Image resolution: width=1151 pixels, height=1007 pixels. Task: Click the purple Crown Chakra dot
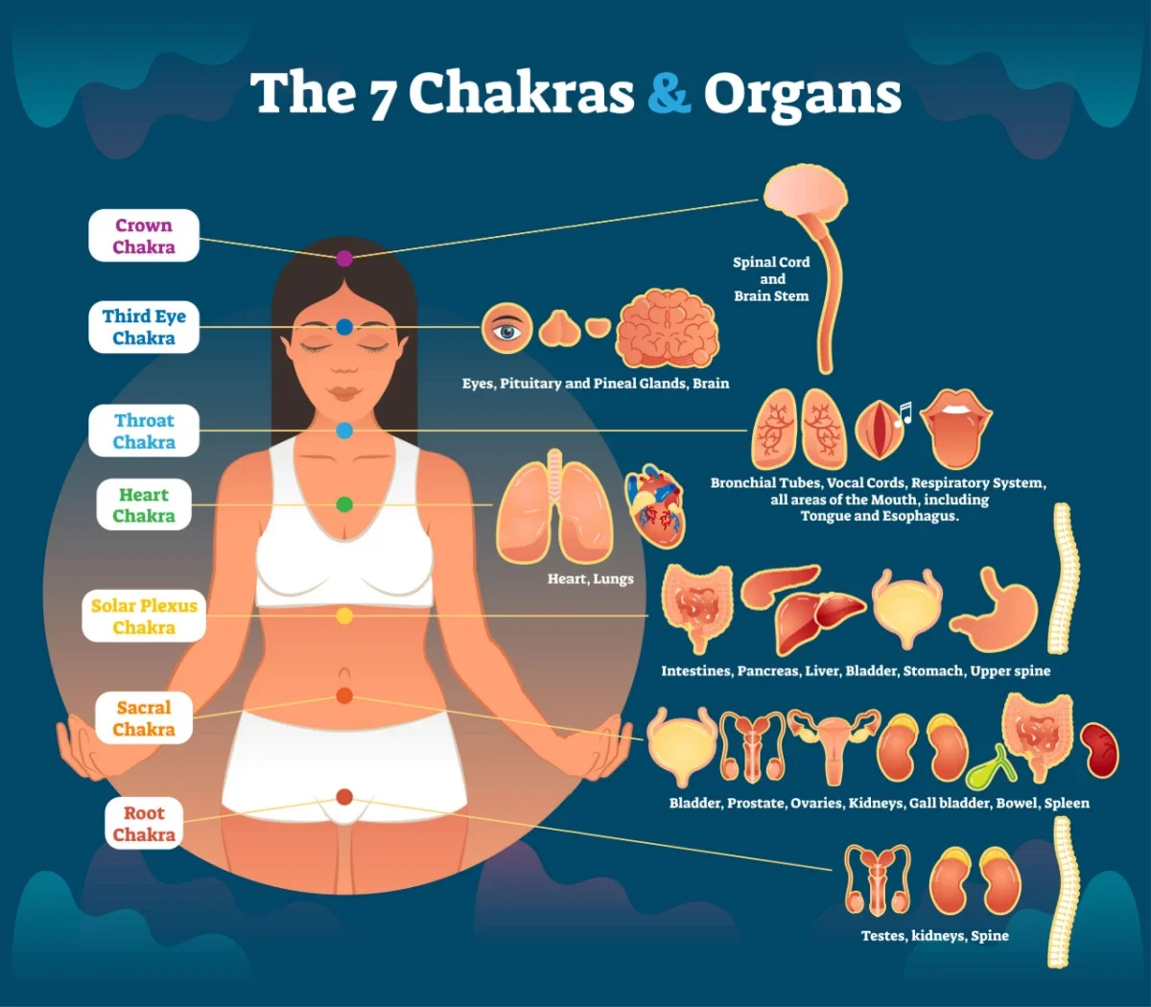coord(344,258)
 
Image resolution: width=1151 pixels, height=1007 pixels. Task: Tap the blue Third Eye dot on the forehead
coord(344,327)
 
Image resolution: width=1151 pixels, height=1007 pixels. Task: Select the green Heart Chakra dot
coord(344,504)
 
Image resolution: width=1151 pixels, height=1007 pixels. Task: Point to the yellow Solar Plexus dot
coord(344,616)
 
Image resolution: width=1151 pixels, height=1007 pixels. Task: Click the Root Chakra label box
coord(144,824)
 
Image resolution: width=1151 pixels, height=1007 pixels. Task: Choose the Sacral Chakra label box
coord(144,718)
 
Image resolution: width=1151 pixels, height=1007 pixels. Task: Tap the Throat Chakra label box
coord(144,431)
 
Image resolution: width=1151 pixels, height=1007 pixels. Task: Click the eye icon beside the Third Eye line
coord(506,329)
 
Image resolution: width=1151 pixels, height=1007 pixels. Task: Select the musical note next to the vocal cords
coord(903,413)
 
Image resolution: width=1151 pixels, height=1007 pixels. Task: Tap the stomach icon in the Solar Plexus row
coord(998,610)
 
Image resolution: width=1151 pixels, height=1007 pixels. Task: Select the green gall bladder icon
coord(989,768)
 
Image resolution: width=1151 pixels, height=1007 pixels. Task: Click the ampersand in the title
coord(669,93)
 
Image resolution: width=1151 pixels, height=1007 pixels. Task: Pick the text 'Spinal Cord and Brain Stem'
coord(771,279)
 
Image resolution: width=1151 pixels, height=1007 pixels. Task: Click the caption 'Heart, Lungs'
coord(590,579)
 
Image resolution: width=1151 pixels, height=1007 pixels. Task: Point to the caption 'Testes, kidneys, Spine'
coord(934,936)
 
